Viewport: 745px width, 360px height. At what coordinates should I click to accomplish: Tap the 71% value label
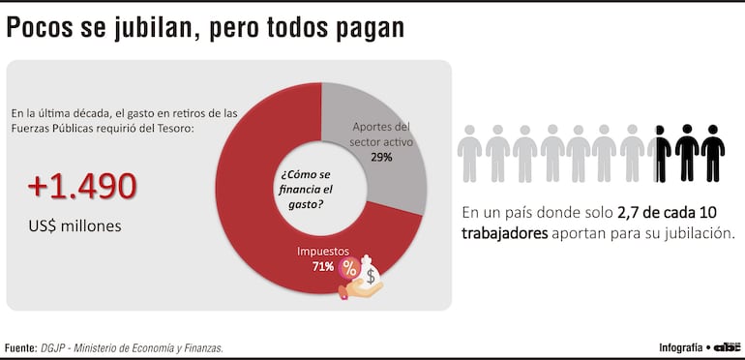321,266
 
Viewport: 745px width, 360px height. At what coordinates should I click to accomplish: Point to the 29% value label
380,157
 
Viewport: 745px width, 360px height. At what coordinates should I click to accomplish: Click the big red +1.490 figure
81,187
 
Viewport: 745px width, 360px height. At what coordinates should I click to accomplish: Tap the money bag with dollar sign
370,277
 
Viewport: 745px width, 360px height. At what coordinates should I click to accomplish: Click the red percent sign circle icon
346,268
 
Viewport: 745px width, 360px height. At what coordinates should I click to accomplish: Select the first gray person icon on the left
469,153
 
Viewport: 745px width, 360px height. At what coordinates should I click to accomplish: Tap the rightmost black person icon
713,153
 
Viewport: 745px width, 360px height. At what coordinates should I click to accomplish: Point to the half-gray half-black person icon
660,153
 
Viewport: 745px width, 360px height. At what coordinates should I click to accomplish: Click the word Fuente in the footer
20,347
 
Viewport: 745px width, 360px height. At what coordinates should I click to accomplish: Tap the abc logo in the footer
727,346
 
